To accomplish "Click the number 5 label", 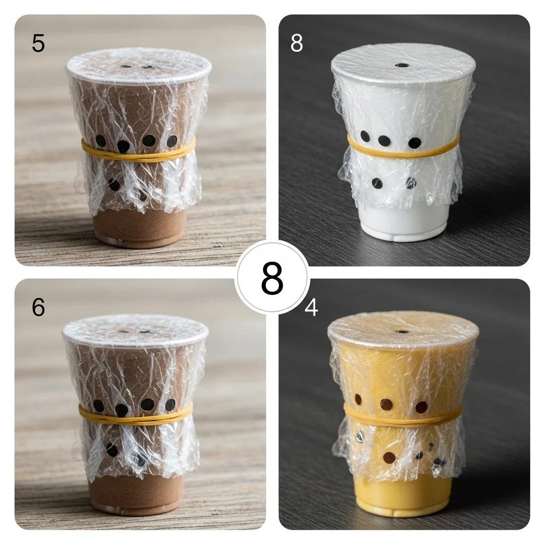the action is click(38, 43).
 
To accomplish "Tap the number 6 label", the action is click(38, 307).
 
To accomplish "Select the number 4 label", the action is click(311, 307).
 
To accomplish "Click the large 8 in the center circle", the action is click(272, 278).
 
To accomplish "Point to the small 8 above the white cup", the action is click(296, 43).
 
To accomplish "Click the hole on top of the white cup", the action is click(403, 65).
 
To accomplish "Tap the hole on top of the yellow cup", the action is click(402, 332).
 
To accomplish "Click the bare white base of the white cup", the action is click(403, 222).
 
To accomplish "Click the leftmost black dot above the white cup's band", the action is click(365, 136).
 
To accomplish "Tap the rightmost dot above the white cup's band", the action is click(415, 142).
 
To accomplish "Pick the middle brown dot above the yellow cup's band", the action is click(386, 404).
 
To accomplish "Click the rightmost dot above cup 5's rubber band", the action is click(172, 141).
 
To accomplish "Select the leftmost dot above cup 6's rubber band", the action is click(98, 406).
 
